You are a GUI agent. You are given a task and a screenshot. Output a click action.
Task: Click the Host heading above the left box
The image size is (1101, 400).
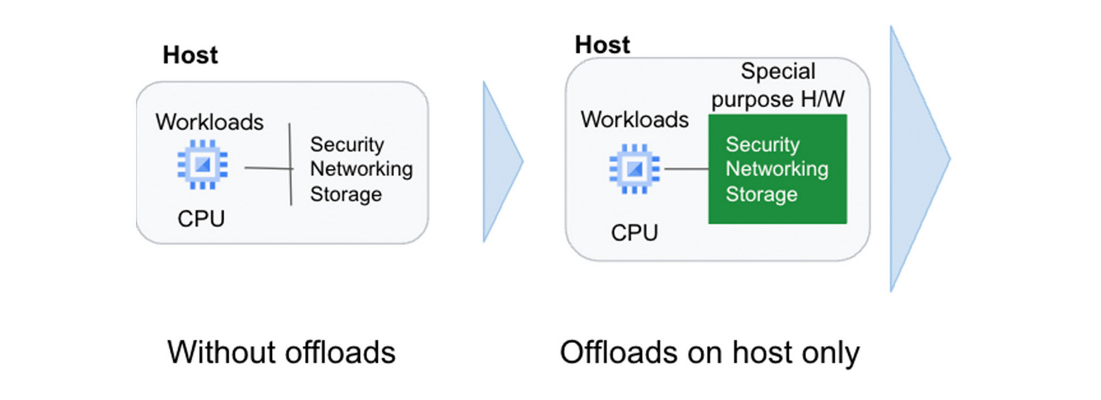(x=190, y=55)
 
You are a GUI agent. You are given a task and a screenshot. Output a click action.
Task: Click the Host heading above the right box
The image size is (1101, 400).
(x=602, y=45)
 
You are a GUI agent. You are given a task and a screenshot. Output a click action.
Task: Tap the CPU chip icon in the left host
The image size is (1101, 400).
(x=202, y=165)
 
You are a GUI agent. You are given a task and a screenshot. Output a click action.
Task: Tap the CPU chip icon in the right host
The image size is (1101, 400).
(x=634, y=169)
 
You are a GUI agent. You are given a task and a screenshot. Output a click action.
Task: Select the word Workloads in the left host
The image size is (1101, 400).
(x=209, y=122)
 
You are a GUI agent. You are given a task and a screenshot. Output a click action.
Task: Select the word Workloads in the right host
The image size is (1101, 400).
(x=635, y=119)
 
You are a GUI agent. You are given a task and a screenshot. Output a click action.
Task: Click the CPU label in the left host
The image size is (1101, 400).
(x=201, y=219)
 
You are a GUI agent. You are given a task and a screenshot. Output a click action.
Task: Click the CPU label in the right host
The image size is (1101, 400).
(x=635, y=233)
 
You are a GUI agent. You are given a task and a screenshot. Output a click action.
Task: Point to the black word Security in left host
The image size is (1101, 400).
(x=347, y=144)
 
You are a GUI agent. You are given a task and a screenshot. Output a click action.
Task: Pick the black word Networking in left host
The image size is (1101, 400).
(x=361, y=169)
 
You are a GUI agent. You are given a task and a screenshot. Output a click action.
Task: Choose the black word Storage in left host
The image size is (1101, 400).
(x=346, y=194)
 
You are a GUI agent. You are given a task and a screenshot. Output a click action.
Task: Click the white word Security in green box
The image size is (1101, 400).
(x=763, y=144)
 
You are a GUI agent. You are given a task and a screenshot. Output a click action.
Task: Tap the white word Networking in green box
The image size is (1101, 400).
(x=776, y=169)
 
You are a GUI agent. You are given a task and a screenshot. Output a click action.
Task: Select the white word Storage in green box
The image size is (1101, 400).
(x=761, y=194)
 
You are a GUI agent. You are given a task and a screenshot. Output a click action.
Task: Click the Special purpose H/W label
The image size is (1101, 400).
(x=778, y=85)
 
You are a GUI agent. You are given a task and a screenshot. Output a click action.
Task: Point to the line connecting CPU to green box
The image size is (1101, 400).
(x=686, y=169)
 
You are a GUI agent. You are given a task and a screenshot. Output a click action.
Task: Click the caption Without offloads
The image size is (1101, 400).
(x=281, y=352)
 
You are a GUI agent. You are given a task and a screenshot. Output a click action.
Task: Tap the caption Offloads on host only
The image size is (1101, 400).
(x=709, y=352)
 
